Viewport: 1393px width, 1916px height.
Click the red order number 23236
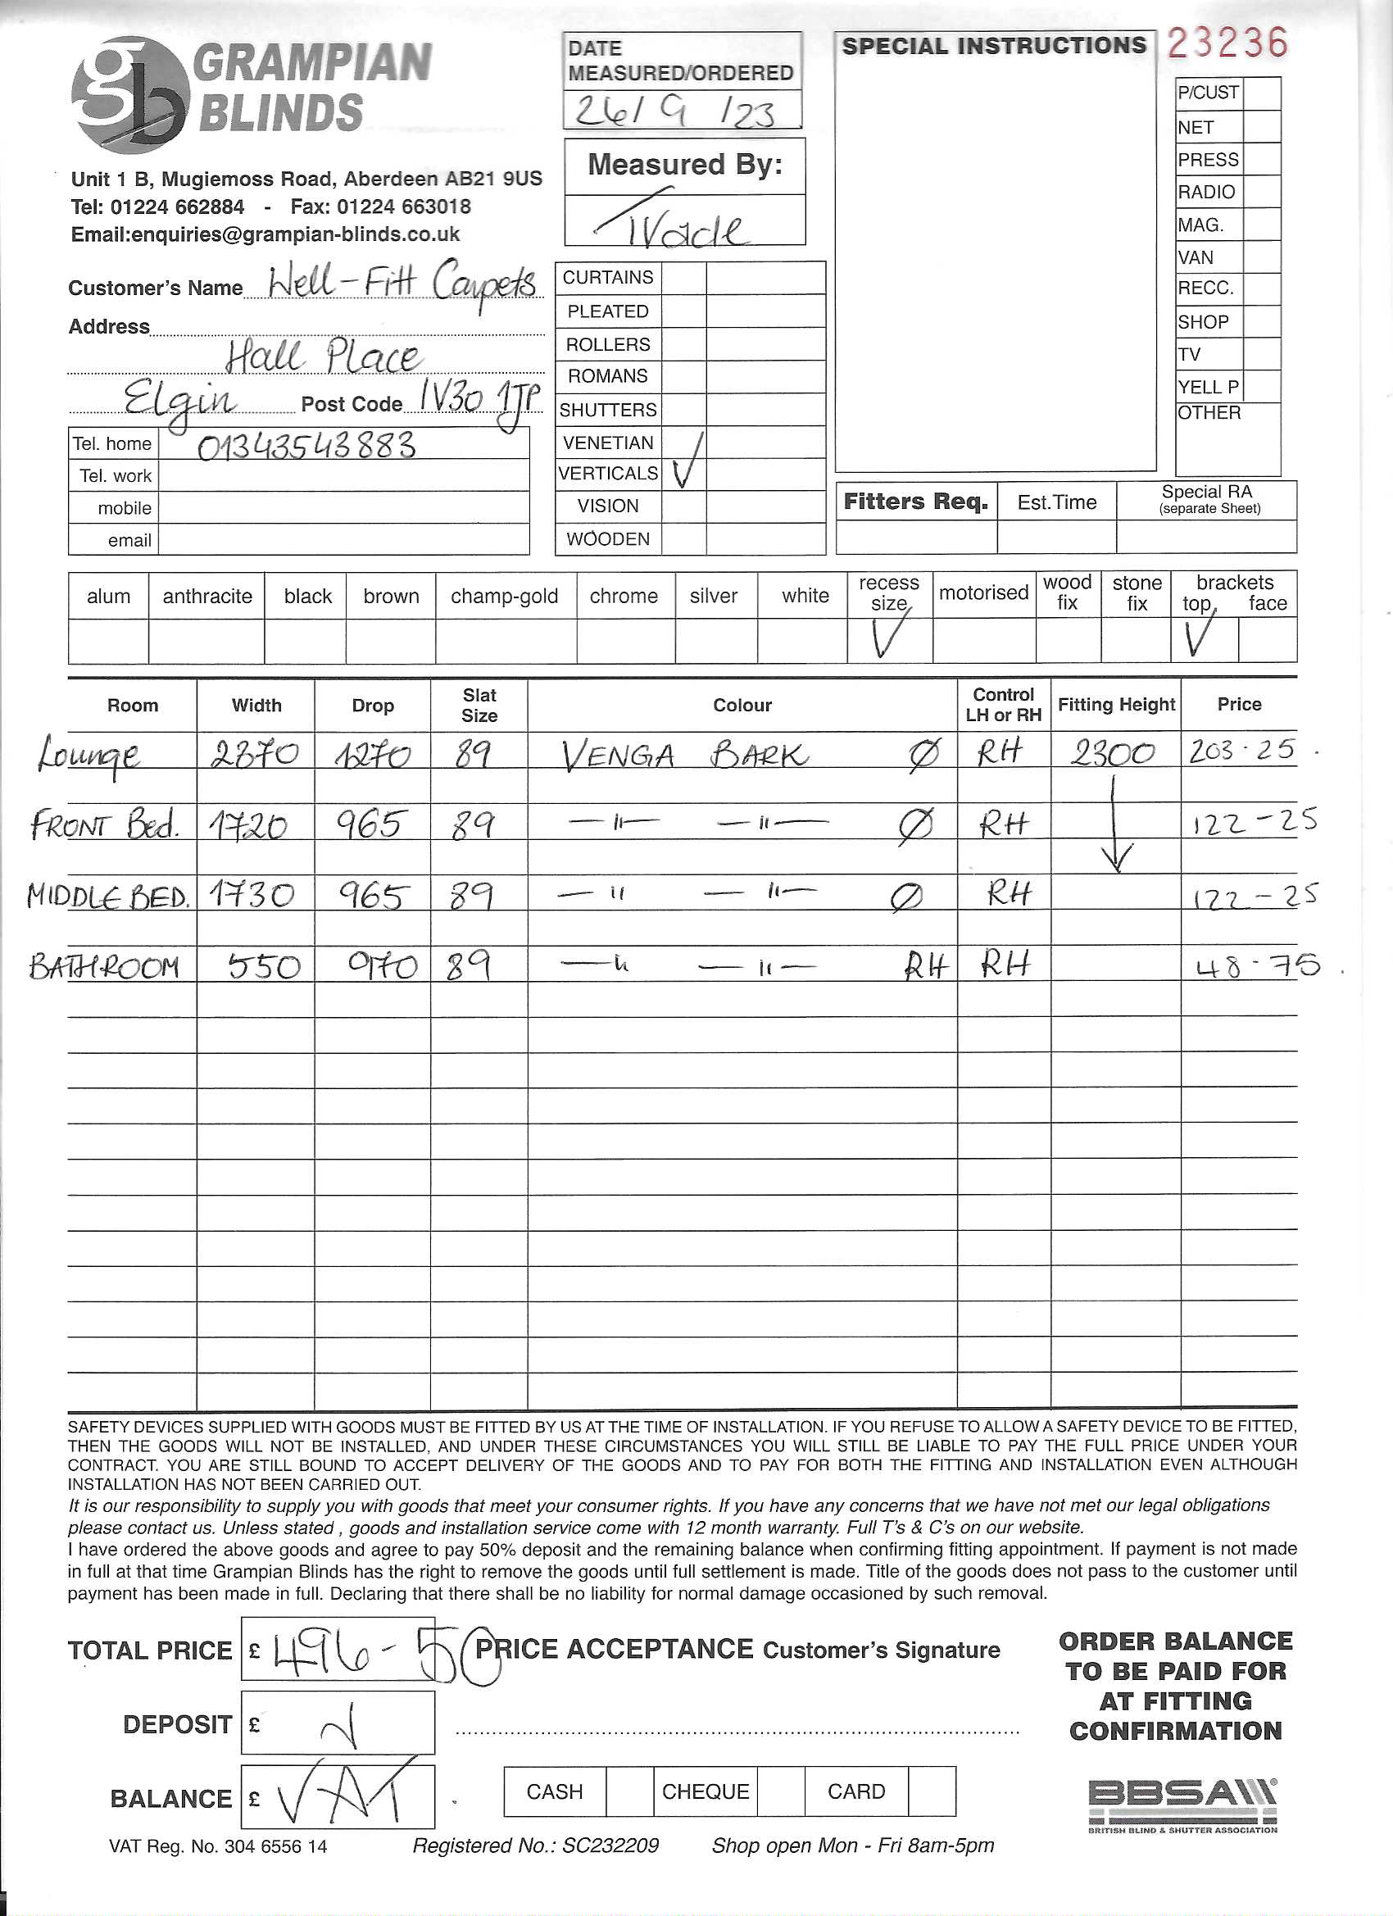click(1227, 43)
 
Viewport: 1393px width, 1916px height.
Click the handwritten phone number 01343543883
click(306, 445)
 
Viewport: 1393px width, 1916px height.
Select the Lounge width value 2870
click(254, 752)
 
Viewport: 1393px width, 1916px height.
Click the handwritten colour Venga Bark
click(684, 755)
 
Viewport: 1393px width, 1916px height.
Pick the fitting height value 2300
click(1113, 752)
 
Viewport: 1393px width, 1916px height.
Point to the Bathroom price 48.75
click(1257, 965)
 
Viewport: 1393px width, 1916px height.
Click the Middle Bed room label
click(108, 896)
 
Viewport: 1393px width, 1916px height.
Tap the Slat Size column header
click(479, 706)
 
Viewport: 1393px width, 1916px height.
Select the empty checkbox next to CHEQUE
click(781, 1791)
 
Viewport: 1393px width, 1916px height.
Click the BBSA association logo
click(1182, 1800)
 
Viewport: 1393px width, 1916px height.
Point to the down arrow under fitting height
click(1115, 832)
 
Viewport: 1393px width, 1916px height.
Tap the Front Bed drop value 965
click(373, 824)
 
